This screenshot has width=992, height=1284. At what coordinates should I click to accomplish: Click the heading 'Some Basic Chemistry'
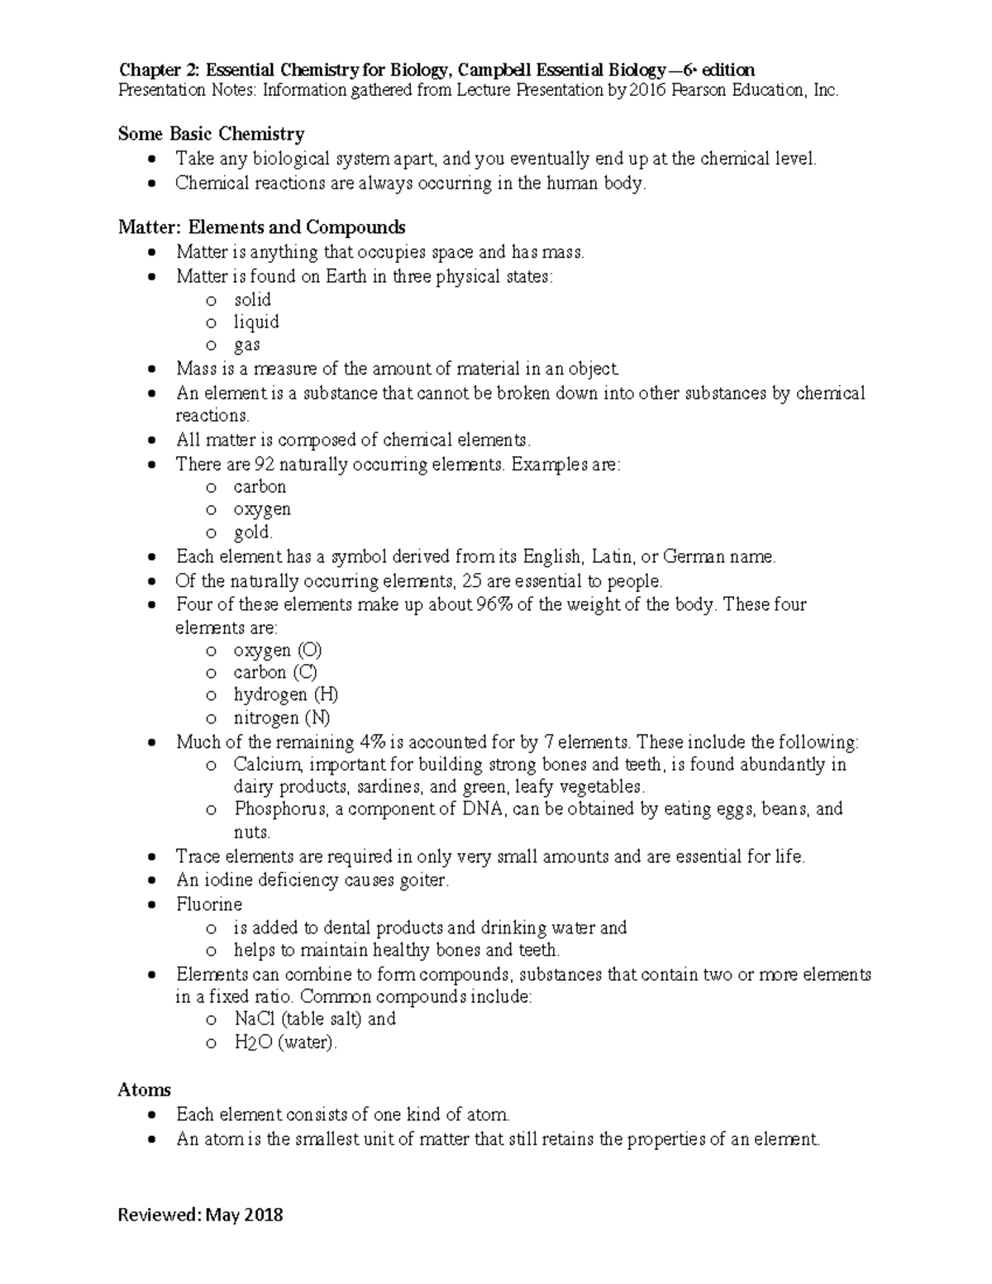pos(211,134)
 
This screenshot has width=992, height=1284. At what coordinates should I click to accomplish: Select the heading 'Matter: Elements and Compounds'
pos(261,227)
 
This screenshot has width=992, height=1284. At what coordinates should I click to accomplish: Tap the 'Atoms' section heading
pos(144,1090)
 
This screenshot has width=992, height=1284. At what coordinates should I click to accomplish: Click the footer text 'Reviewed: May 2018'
pos(200,1215)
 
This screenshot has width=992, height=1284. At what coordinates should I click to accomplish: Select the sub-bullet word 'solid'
pos(252,299)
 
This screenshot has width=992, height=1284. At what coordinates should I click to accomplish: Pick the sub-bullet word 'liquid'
pos(255,322)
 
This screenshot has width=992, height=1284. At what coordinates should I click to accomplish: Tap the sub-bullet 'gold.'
pos(252,532)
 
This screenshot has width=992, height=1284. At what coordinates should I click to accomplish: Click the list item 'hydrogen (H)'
pos(285,695)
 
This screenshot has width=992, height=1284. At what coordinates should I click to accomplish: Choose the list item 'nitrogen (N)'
pos(281,718)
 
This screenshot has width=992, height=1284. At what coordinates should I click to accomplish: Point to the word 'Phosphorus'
pos(279,809)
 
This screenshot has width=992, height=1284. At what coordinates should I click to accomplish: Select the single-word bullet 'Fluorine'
pos(209,904)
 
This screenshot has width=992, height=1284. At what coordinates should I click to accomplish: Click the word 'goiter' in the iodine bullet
pos(422,881)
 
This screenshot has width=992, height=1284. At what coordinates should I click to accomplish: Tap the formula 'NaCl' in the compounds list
pos(255,1019)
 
